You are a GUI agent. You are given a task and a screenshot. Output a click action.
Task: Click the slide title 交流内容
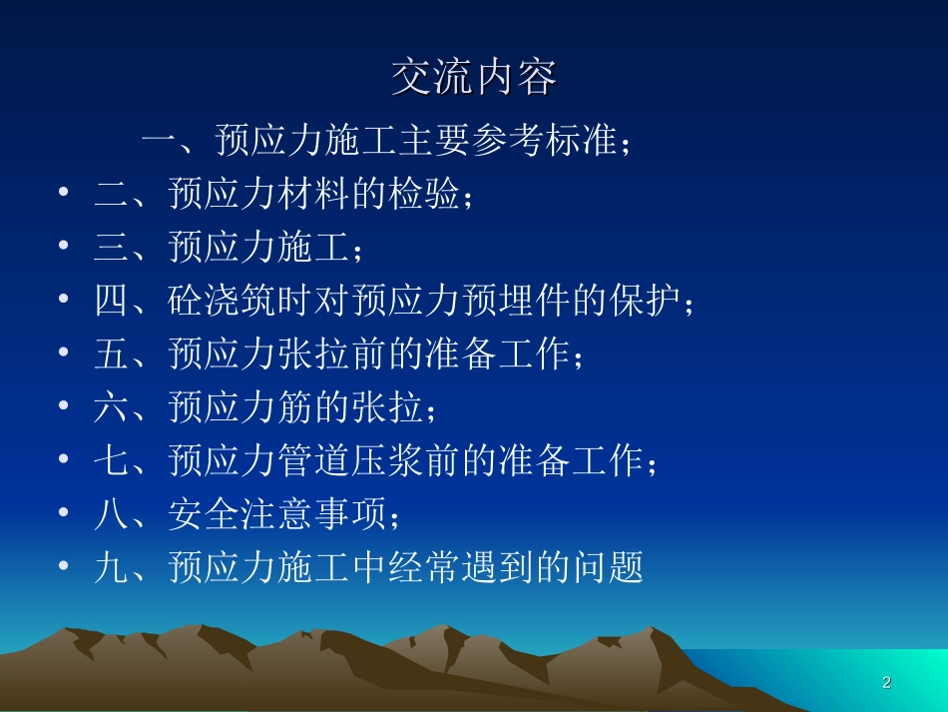click(x=473, y=79)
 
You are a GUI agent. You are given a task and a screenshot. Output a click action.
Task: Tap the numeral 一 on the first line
click(x=160, y=141)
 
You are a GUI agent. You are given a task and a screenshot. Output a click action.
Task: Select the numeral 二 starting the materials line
click(x=113, y=194)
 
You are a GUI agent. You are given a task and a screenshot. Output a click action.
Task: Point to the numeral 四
click(x=113, y=301)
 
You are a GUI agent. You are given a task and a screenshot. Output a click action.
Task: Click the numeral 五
click(x=113, y=355)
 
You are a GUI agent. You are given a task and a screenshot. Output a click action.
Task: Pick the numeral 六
click(x=113, y=407)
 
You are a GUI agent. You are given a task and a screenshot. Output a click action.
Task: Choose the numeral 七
click(x=113, y=461)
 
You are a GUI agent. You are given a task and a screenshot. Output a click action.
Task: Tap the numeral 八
click(x=113, y=515)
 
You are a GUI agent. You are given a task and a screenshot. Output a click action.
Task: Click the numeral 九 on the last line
click(x=113, y=568)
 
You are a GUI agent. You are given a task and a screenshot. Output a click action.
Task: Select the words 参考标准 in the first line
click(x=546, y=141)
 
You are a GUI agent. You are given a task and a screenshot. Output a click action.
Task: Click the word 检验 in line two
click(x=426, y=194)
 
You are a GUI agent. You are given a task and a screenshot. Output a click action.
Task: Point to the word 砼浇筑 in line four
click(x=224, y=301)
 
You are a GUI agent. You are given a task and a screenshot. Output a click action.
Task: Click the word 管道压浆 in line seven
click(x=351, y=461)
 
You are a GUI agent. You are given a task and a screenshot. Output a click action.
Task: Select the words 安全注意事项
click(x=276, y=515)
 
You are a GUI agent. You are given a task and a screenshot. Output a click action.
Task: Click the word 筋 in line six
click(x=295, y=407)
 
